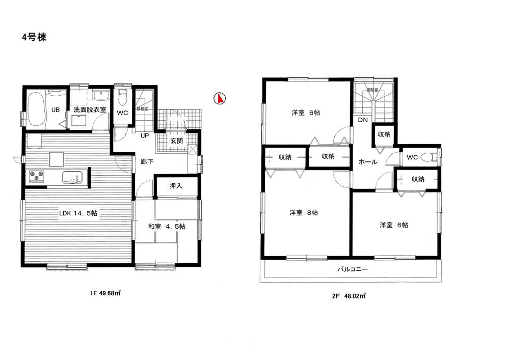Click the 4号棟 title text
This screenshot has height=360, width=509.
coord(34,37)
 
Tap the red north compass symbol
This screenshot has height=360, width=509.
coord(220,98)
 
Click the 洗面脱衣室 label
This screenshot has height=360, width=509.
coord(90,109)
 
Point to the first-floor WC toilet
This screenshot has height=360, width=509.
coord(122,97)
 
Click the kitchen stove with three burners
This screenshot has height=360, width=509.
coord(37,176)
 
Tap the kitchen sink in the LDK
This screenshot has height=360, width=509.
coord(72,178)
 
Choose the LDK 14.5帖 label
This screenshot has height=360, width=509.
coord(77,213)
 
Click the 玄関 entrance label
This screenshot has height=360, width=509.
coord(176,141)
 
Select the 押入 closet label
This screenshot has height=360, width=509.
coord(176,186)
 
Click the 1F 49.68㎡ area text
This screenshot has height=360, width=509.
coord(105,293)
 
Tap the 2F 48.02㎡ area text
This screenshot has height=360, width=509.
coord(350,295)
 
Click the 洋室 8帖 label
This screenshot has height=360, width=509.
coord(305,213)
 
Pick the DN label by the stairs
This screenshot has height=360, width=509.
coord(363,120)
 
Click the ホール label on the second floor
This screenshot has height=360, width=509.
coord(368,162)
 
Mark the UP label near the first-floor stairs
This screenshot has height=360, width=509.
coord(145,136)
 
